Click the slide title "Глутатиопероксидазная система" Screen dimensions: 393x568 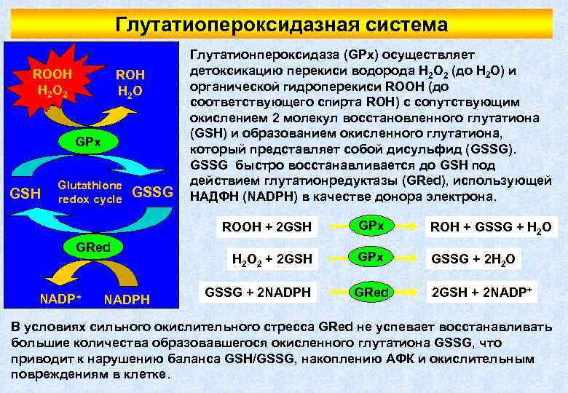pos(281,25)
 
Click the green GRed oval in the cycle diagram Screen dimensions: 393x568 pos(93,246)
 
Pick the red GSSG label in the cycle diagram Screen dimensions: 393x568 pos(153,192)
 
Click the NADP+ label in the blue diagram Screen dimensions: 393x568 pos(60,298)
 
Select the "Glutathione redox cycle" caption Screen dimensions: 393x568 pos(90,192)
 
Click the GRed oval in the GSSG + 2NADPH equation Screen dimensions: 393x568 pos(371,293)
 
